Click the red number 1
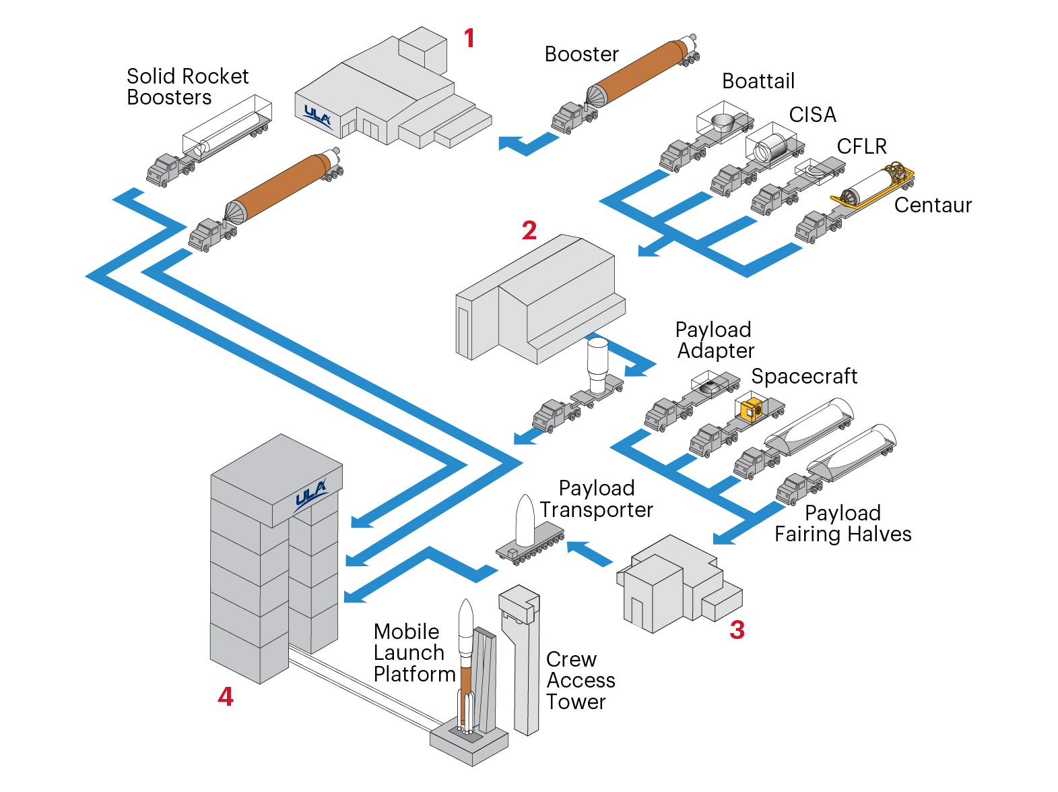[x=469, y=38]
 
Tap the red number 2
[x=529, y=231]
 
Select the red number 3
[x=737, y=630]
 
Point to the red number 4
[x=226, y=696]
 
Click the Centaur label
[x=933, y=205]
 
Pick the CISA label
[x=812, y=115]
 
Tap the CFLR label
[x=861, y=146]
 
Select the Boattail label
[x=758, y=81]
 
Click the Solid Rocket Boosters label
[x=187, y=86]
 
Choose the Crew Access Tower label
[x=580, y=680]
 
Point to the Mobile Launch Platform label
[x=414, y=652]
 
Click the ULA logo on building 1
[x=317, y=117]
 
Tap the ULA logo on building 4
[x=310, y=495]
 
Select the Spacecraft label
[x=804, y=376]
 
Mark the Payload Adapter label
[x=715, y=340]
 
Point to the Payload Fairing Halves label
[x=842, y=524]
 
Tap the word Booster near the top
[x=581, y=54]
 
